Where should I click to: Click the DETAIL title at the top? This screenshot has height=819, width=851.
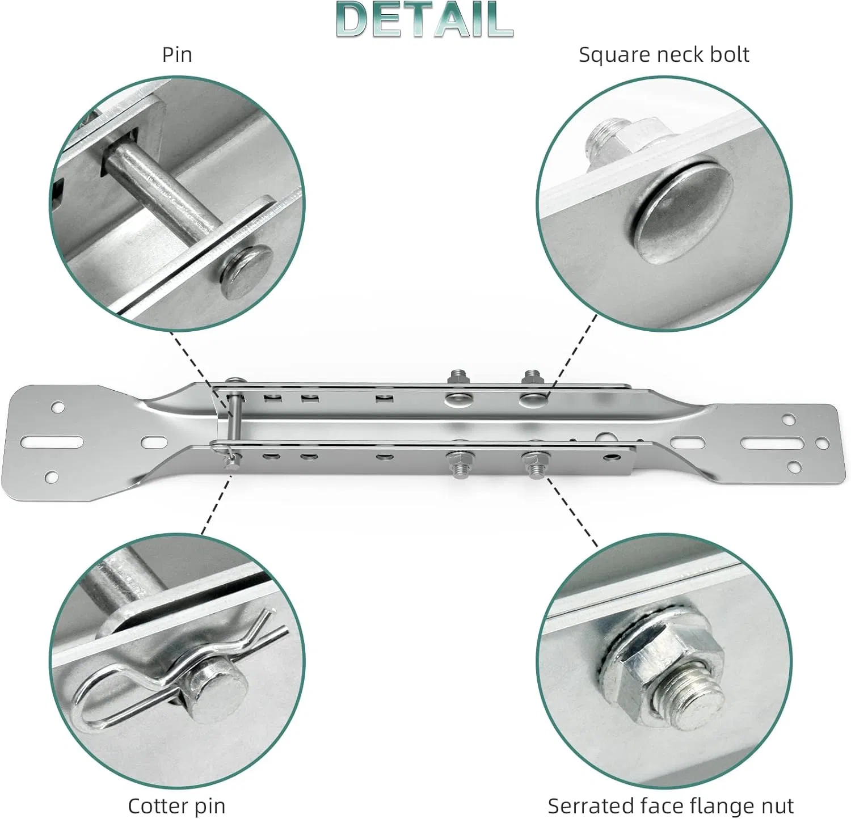(x=424, y=19)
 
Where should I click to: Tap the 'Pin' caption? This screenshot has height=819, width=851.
(x=177, y=54)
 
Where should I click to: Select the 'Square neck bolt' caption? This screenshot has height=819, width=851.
(x=664, y=55)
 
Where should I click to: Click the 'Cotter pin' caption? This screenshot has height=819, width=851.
(x=176, y=805)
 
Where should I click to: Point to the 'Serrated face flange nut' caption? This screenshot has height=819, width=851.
(x=671, y=805)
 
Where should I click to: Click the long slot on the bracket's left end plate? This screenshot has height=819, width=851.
(x=52, y=441)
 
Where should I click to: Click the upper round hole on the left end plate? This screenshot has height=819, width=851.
(x=57, y=407)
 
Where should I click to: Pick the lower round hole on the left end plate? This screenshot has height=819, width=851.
(x=52, y=476)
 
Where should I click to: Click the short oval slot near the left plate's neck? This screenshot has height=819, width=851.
(x=152, y=441)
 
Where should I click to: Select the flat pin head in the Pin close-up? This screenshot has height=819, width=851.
(x=246, y=272)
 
